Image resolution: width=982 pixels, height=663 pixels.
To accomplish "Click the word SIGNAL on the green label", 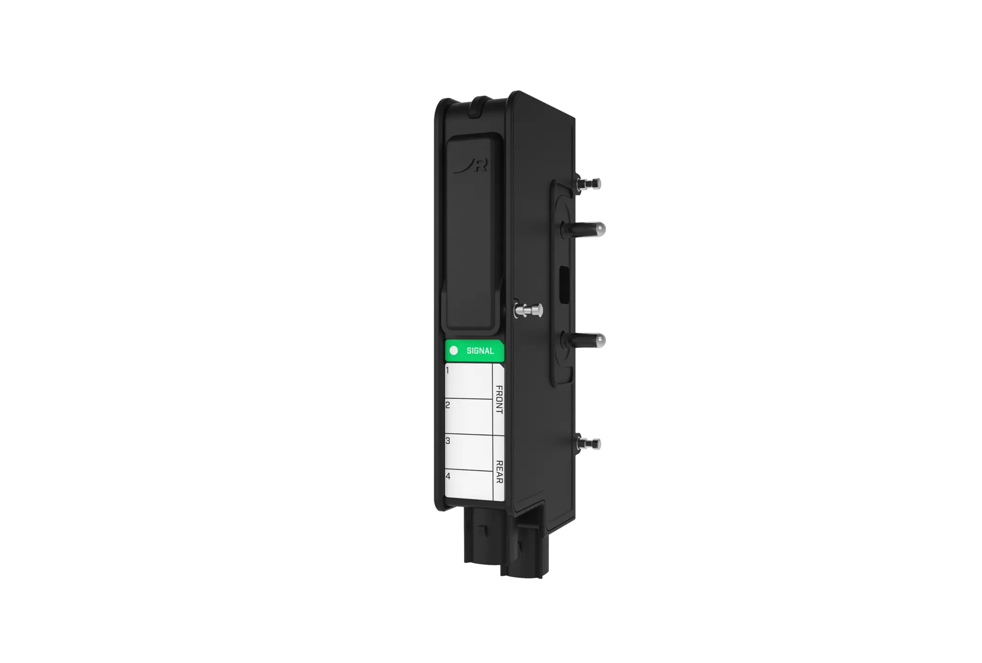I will point(480,351).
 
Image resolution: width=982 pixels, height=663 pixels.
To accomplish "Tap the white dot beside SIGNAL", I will point(454,350).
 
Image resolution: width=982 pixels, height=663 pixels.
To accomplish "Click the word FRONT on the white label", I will point(499,399).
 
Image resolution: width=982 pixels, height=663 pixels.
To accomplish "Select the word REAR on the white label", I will point(499,472).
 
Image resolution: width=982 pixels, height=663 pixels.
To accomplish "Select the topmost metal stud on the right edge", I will point(590,183).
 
